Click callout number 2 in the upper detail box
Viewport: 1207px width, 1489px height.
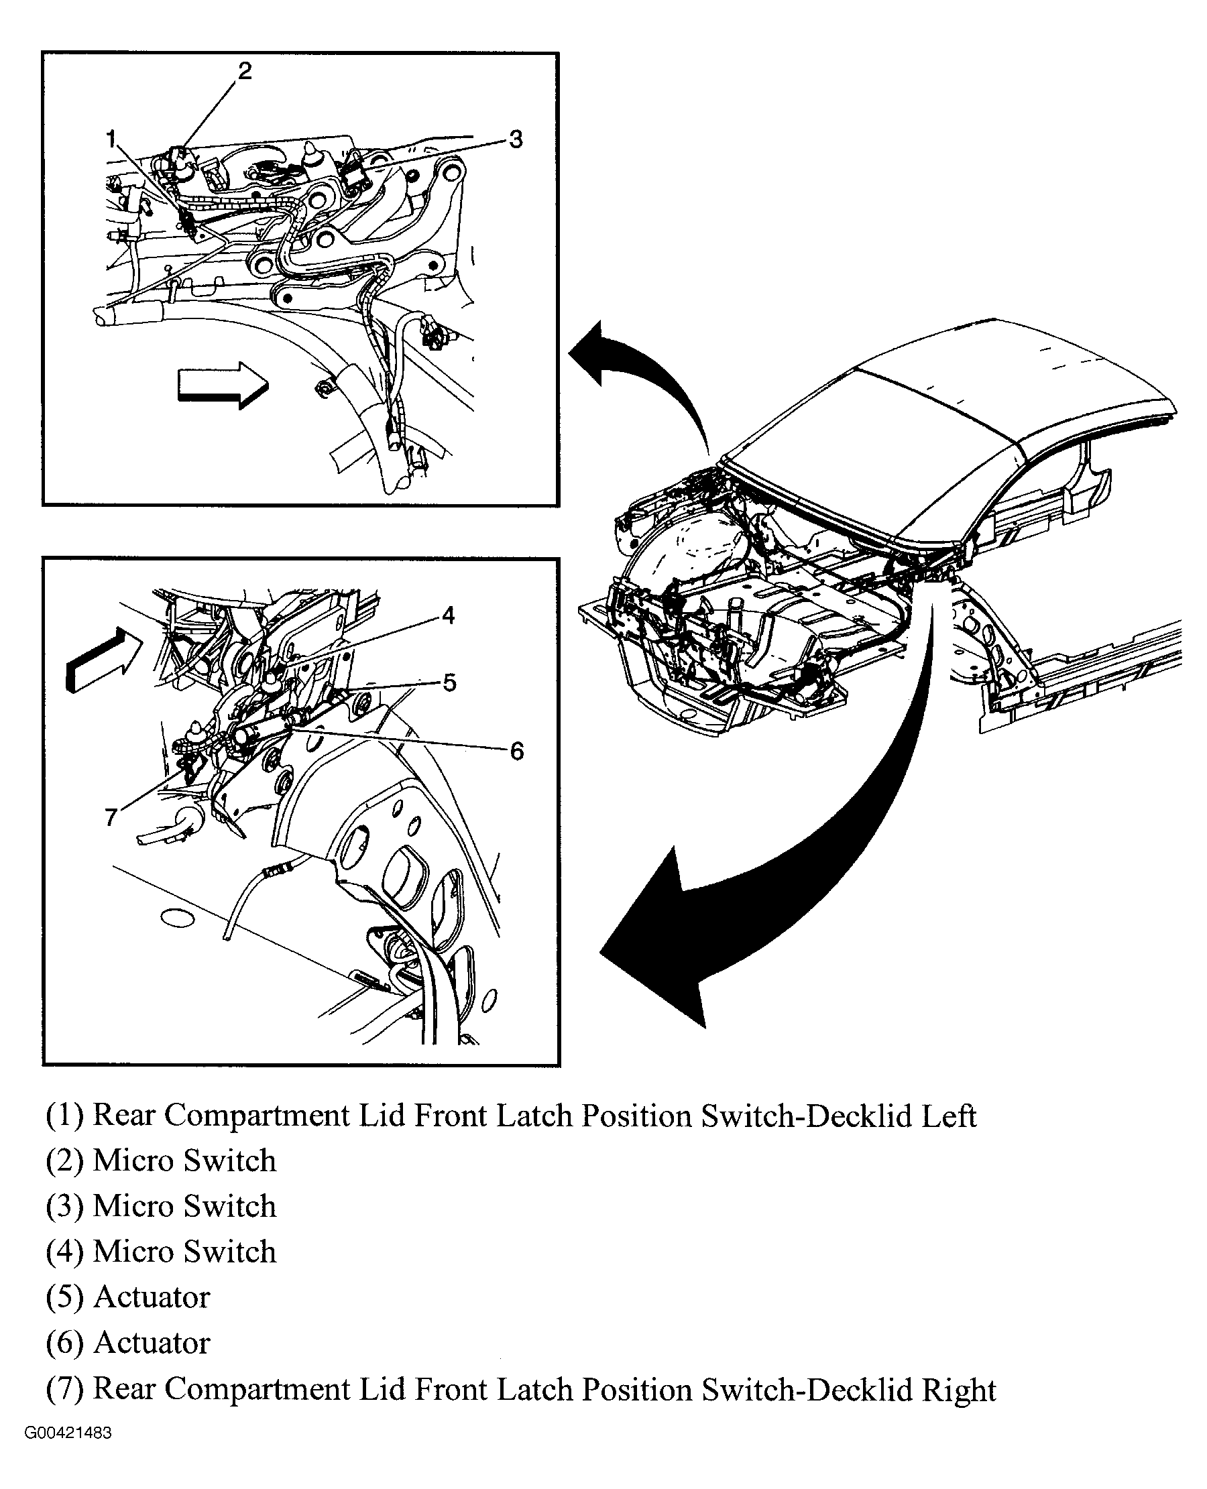[x=244, y=71]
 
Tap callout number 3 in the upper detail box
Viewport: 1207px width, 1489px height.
[x=515, y=139]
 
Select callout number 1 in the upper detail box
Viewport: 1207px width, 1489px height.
[x=111, y=139]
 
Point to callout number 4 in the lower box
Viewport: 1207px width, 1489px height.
[x=448, y=615]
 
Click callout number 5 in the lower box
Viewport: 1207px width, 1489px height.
[x=449, y=682]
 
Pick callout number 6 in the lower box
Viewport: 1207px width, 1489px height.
[x=516, y=751]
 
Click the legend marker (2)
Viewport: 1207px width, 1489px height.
[x=64, y=1162]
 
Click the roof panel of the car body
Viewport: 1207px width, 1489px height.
[x=960, y=431]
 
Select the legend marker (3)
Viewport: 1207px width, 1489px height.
[x=64, y=1207]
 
